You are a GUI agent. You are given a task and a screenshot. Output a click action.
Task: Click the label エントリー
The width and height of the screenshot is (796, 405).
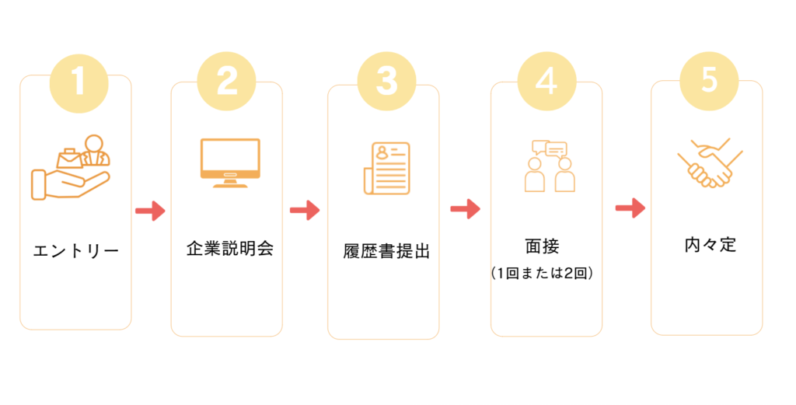(76, 251)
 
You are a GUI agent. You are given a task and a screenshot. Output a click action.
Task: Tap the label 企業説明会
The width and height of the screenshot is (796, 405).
(230, 250)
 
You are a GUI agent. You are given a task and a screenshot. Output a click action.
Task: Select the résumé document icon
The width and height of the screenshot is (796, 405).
(386, 167)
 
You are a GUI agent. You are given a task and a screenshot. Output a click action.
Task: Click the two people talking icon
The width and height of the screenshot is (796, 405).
(549, 166)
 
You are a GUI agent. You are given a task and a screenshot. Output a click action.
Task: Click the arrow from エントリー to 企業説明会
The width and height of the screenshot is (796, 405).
(150, 211)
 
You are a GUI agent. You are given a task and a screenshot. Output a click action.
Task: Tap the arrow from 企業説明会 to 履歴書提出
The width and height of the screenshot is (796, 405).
(305, 210)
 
